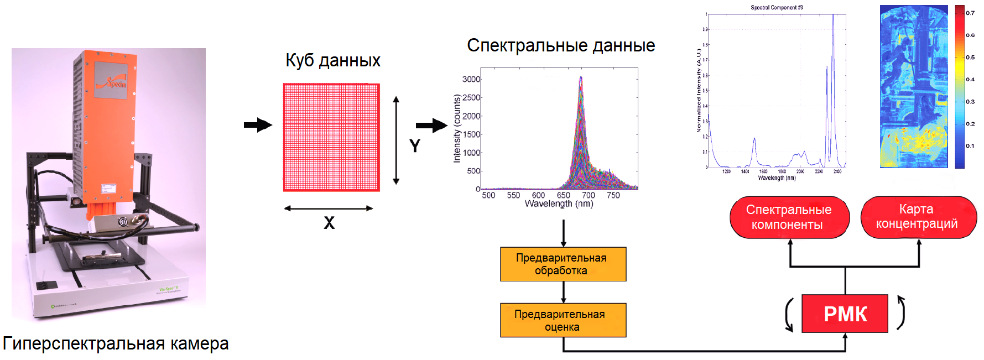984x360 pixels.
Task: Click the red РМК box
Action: click(845, 314)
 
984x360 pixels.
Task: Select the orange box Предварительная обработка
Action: click(563, 264)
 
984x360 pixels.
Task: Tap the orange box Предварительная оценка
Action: click(563, 320)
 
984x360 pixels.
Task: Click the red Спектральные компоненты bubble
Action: click(789, 217)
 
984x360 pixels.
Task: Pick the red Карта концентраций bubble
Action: click(918, 217)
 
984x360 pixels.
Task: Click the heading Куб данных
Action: click(333, 60)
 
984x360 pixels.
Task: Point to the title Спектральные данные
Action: click(561, 45)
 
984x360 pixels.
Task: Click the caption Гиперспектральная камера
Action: click(116, 343)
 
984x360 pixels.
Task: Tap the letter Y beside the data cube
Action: click(415, 146)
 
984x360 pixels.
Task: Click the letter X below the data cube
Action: click(329, 223)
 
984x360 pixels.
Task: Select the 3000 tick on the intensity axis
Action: click(471, 80)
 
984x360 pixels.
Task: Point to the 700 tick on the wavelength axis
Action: click(589, 195)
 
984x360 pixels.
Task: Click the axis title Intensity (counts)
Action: click(457, 128)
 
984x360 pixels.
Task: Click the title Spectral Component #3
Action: click(777, 8)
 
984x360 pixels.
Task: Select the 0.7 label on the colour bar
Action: click(970, 13)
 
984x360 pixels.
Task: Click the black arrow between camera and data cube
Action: click(258, 125)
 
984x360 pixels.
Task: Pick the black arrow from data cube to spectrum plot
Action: click(431, 126)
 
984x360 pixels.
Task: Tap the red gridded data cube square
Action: click(331, 137)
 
